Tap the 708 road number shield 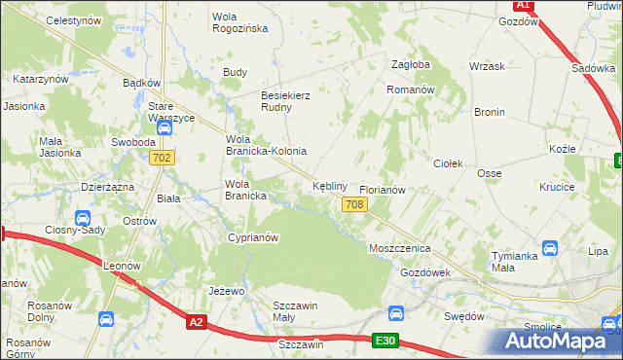[354, 203]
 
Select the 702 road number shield [163, 158]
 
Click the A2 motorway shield [198, 321]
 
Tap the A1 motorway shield [523, 5]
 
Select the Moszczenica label [399, 248]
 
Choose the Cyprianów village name [253, 237]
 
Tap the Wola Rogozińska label [239, 22]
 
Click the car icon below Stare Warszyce [164, 127]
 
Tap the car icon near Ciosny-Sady [83, 218]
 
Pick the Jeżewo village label [226, 291]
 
